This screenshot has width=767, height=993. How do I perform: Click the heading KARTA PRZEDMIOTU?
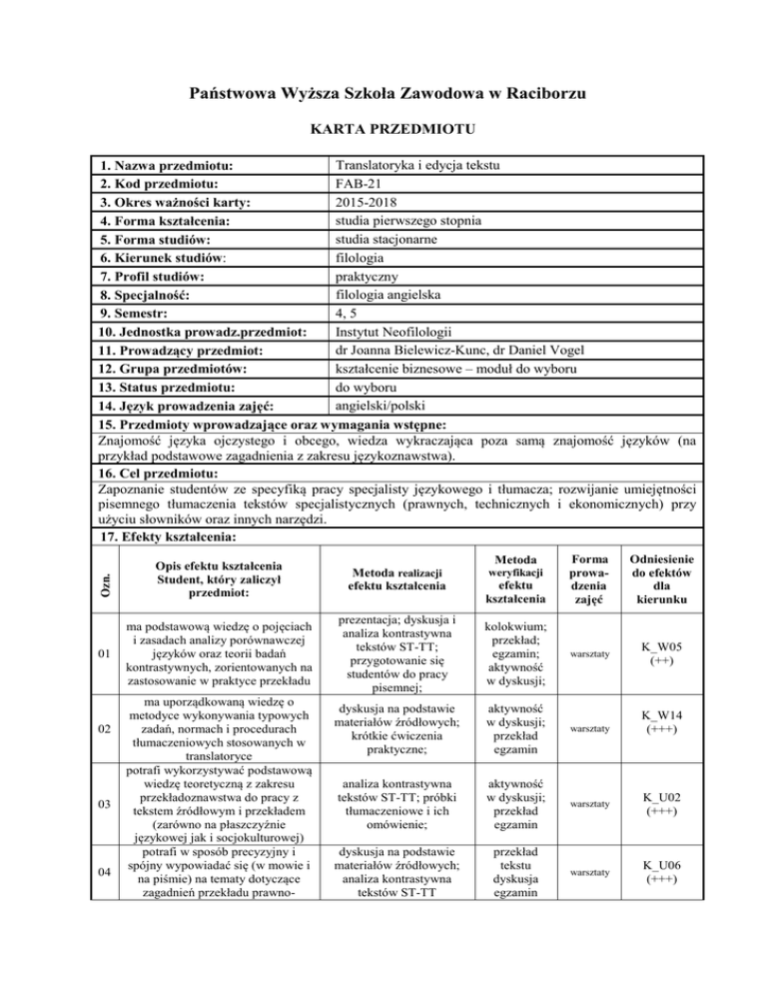point(384,130)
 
